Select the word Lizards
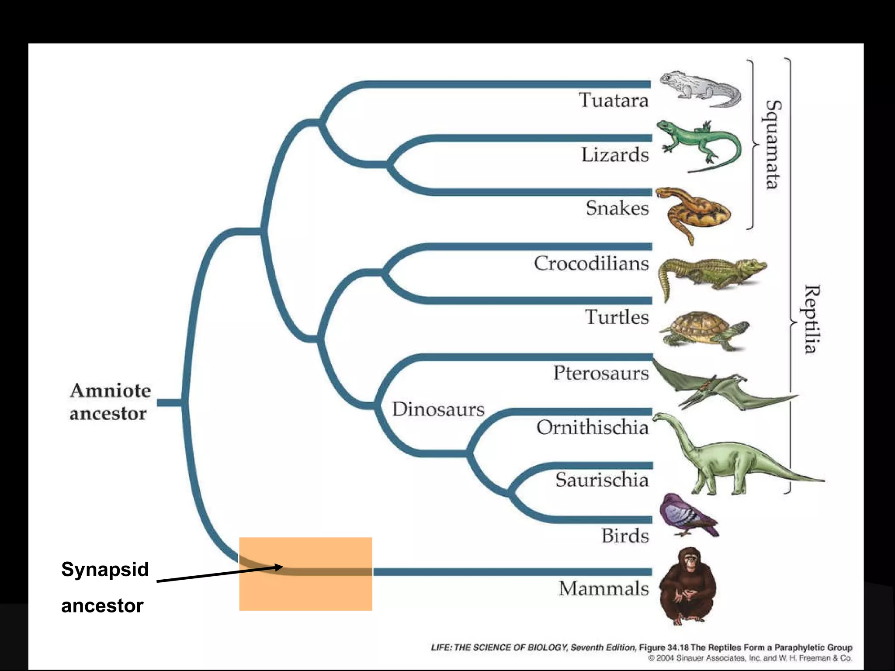[x=615, y=155]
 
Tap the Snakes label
[x=617, y=208]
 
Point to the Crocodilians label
[x=591, y=263]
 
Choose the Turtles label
[x=617, y=317]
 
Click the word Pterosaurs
[x=601, y=373]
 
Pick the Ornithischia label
[x=593, y=427]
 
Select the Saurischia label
[x=602, y=480]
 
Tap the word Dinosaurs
[x=438, y=409]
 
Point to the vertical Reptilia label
[x=812, y=319]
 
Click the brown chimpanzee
[x=687, y=585]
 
